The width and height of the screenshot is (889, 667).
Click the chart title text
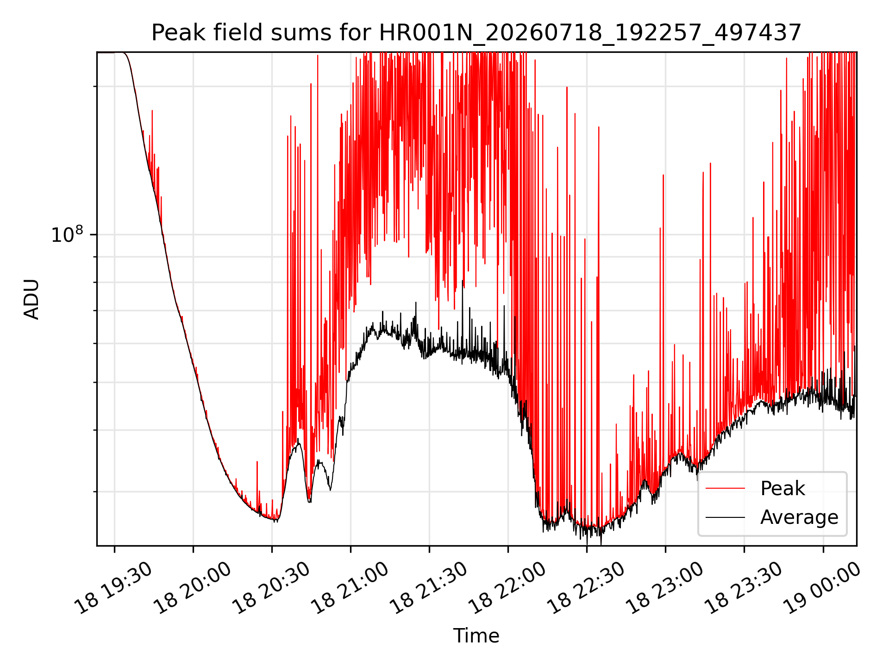coord(476,33)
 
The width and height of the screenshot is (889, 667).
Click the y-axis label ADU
coord(31,299)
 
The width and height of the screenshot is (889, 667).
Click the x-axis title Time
coord(476,636)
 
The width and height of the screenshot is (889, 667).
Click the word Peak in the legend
coord(783,489)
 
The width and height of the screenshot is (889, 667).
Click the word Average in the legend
coord(799,517)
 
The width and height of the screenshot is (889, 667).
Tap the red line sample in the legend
coord(726,488)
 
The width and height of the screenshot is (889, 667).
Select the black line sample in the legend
coord(726,517)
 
